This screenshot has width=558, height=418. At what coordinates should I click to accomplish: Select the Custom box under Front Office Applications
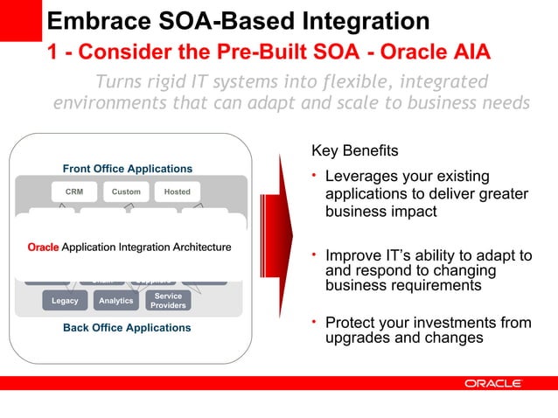pos(126,192)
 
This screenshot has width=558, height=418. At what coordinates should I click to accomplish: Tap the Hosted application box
pos(178,192)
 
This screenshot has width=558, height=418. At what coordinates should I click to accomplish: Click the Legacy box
pos(65,301)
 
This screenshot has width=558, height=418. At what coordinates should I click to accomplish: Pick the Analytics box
pos(116,301)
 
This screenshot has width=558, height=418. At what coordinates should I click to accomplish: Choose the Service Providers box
pos(168,301)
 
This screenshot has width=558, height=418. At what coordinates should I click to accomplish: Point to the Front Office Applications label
pos(128,169)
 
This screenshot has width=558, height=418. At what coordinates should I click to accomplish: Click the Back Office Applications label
pos(127,328)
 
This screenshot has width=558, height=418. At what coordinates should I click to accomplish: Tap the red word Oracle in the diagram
pos(43,247)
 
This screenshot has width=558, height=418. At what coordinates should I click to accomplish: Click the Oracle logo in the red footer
pos(493,384)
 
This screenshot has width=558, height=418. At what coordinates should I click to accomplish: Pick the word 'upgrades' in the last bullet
pos(356,338)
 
